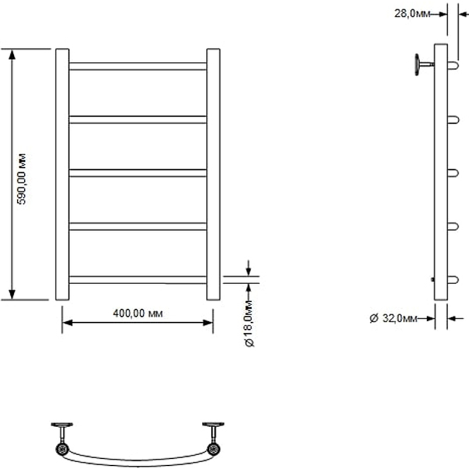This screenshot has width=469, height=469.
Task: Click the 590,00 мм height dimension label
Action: click(22, 179)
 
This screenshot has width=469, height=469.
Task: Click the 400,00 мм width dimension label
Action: click(138, 313)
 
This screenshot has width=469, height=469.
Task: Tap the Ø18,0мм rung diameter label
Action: click(249, 324)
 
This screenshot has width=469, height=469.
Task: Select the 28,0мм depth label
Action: click(412, 13)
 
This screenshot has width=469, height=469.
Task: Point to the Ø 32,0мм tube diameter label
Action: click(393, 318)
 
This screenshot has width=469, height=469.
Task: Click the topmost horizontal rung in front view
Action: click(138, 66)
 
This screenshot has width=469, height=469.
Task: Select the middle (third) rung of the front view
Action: click(138, 173)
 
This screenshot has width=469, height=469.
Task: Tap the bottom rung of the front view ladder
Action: click(138, 280)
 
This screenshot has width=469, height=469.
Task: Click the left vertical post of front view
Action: click(63, 174)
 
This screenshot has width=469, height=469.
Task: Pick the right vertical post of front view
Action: click(213, 174)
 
